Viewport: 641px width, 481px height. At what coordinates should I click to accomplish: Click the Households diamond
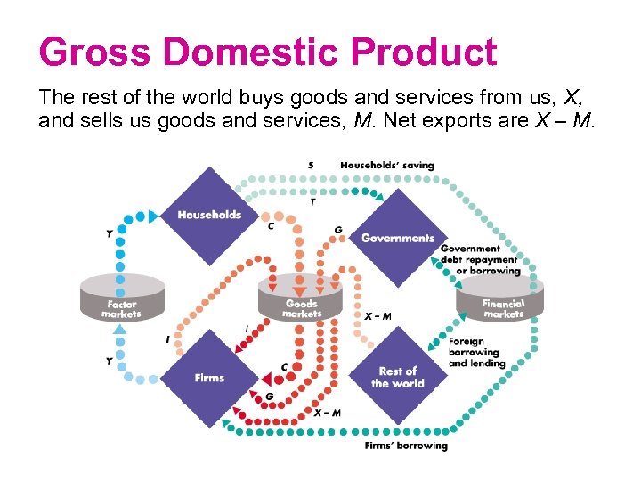pyautogui.click(x=208, y=215)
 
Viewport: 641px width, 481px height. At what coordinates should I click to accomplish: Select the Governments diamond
pyautogui.click(x=397, y=238)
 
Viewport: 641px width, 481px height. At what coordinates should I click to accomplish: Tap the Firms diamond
pyautogui.click(x=209, y=377)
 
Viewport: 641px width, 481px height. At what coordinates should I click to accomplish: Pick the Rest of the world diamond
pyautogui.click(x=397, y=376)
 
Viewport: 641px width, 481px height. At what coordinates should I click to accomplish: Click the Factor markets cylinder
pyautogui.click(x=121, y=298)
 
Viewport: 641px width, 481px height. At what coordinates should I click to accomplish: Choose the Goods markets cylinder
pyautogui.click(x=302, y=298)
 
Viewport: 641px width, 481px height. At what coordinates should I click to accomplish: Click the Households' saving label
pyautogui.click(x=387, y=165)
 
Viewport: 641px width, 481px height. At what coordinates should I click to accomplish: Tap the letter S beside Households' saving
pyautogui.click(x=310, y=165)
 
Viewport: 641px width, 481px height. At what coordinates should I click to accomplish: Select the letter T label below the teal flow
pyautogui.click(x=312, y=202)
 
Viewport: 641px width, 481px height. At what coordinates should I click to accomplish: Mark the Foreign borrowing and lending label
pyautogui.click(x=476, y=352)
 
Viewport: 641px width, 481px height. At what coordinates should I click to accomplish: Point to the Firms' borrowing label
pyautogui.click(x=406, y=444)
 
